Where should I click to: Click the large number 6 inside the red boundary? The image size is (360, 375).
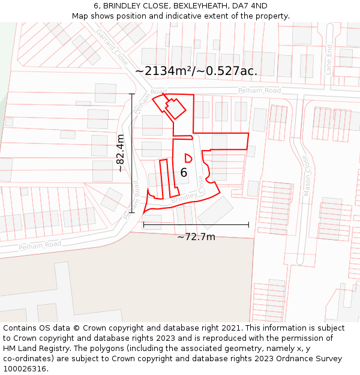pos(184,173)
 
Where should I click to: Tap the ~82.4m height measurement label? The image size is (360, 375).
pos(121,153)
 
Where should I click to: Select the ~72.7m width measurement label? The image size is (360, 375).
pos(196,236)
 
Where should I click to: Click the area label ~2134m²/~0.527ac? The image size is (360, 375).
pos(196,71)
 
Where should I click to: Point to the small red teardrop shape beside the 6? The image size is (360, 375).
pos(188,158)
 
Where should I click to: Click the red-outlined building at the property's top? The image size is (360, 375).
pos(175,108)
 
